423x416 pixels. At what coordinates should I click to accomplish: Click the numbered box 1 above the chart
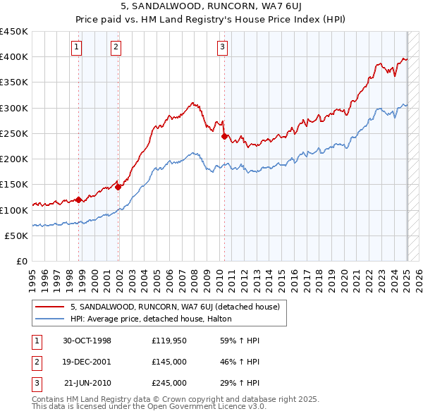[x=76, y=47]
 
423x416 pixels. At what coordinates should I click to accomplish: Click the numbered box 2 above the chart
[x=115, y=47]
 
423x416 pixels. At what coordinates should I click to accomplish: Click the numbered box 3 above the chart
[x=221, y=47]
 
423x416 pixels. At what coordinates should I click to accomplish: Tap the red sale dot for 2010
[x=224, y=136]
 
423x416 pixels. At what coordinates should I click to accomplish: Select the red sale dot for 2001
[x=118, y=187]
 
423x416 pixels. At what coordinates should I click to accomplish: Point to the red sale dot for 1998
[x=78, y=200]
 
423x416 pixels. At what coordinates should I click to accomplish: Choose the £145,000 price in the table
[x=168, y=362]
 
